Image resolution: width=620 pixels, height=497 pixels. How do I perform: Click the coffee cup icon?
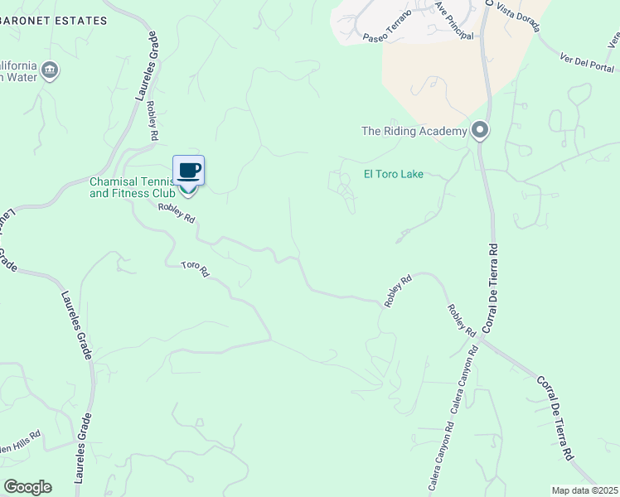click(189, 171)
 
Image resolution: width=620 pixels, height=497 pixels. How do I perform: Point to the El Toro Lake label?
click(394, 174)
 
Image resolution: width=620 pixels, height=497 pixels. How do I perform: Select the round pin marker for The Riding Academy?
click(480, 131)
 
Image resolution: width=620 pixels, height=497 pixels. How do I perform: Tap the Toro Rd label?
click(196, 270)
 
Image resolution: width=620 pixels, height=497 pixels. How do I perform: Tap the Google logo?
click(27, 487)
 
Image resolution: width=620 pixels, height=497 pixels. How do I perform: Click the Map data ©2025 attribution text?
click(584, 490)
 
